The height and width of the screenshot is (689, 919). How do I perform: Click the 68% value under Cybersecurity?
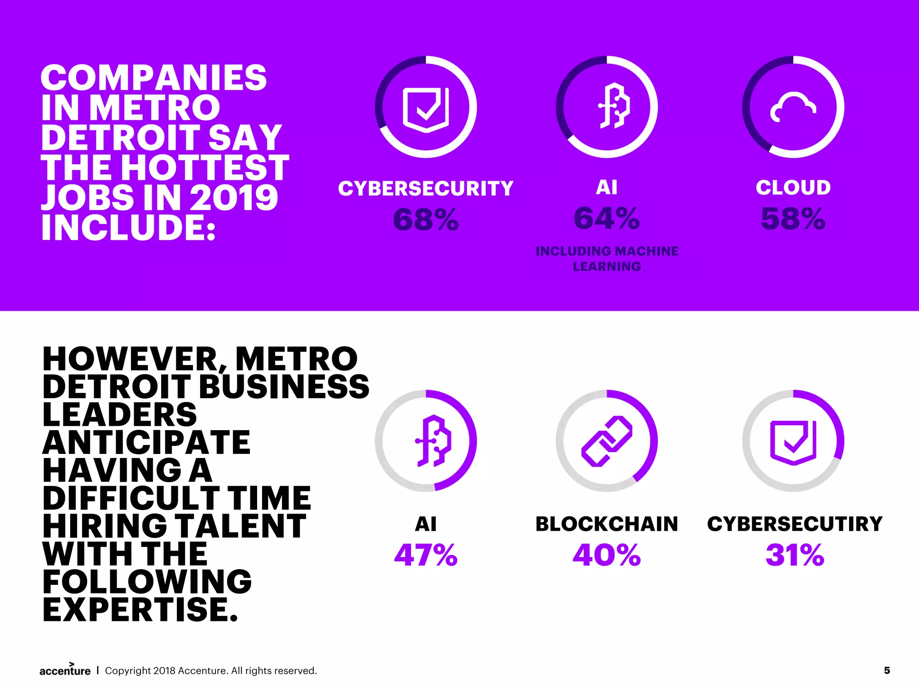tap(426, 220)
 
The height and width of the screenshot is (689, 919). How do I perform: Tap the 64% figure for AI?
tap(607, 218)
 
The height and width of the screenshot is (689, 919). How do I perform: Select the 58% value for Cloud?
tap(793, 219)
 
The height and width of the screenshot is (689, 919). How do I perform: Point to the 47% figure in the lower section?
tap(426, 555)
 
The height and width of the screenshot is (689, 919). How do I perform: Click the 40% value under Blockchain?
tap(607, 555)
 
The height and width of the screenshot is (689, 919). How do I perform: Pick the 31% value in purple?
tap(795, 555)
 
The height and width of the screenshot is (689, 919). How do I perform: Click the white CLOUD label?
tap(793, 188)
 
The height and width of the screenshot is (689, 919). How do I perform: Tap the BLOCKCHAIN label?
tap(607, 524)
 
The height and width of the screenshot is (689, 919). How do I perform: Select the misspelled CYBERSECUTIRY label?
tap(795, 524)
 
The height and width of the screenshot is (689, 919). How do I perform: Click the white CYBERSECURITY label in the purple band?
tap(426, 188)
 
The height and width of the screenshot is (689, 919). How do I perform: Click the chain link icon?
tap(607, 441)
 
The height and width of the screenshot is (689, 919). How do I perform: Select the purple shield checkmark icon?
tap(793, 442)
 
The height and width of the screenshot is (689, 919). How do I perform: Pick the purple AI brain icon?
tap(433, 440)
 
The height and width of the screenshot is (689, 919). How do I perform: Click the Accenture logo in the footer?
tap(65, 670)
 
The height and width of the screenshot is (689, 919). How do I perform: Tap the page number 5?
tap(887, 671)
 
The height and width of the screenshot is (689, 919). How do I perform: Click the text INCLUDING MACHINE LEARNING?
tap(607, 259)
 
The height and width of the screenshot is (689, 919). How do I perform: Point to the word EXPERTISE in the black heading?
tap(140, 610)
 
